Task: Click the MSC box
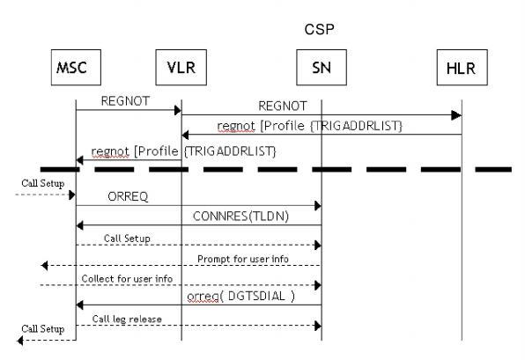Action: click(x=75, y=66)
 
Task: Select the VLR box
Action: click(x=181, y=66)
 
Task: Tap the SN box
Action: click(x=321, y=66)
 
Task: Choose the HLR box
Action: click(x=461, y=66)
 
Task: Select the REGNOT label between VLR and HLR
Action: click(x=284, y=106)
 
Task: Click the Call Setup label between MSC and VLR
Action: click(x=127, y=238)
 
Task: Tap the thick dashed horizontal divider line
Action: click(x=264, y=168)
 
